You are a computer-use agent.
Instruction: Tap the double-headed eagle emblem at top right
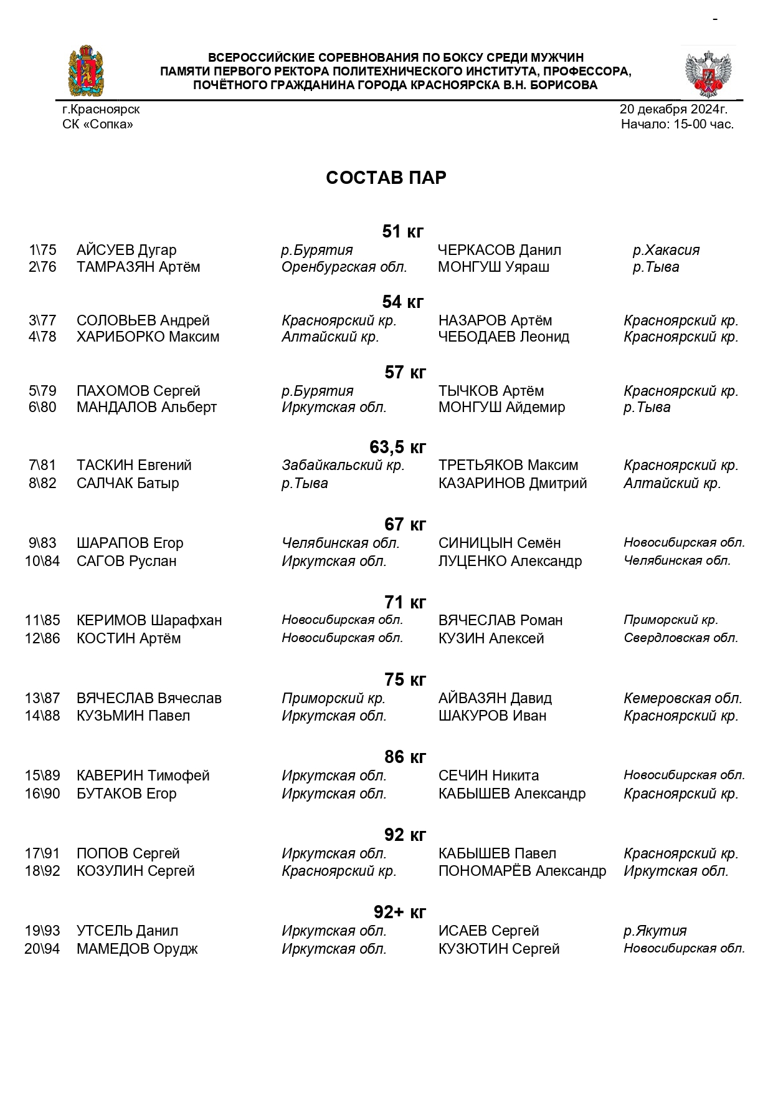tap(708, 72)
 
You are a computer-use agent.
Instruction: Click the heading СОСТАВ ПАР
tap(386, 178)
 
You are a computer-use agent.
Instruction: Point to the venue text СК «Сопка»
tap(98, 124)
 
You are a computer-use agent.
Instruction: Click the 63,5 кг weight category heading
tap(397, 447)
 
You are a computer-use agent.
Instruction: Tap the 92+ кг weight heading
tap(400, 912)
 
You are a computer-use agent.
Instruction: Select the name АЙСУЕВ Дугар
tap(126, 250)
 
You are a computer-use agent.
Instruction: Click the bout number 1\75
tap(42, 250)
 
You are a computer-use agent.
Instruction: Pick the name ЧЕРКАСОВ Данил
tap(499, 250)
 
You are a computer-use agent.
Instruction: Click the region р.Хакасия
tap(666, 250)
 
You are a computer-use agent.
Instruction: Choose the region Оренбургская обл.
tap(344, 267)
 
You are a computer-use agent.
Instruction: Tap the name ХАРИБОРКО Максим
tap(148, 337)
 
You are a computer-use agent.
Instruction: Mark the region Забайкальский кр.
tap(343, 465)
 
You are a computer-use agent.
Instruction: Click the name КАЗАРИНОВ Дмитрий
tap(512, 483)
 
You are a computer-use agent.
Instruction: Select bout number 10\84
tap(42, 561)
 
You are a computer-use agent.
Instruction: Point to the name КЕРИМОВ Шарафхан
tap(149, 620)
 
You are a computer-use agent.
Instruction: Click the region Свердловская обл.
tap(681, 638)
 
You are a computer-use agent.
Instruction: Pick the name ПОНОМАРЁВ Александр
tap(522, 871)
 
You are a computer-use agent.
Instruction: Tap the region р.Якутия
tap(655, 931)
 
